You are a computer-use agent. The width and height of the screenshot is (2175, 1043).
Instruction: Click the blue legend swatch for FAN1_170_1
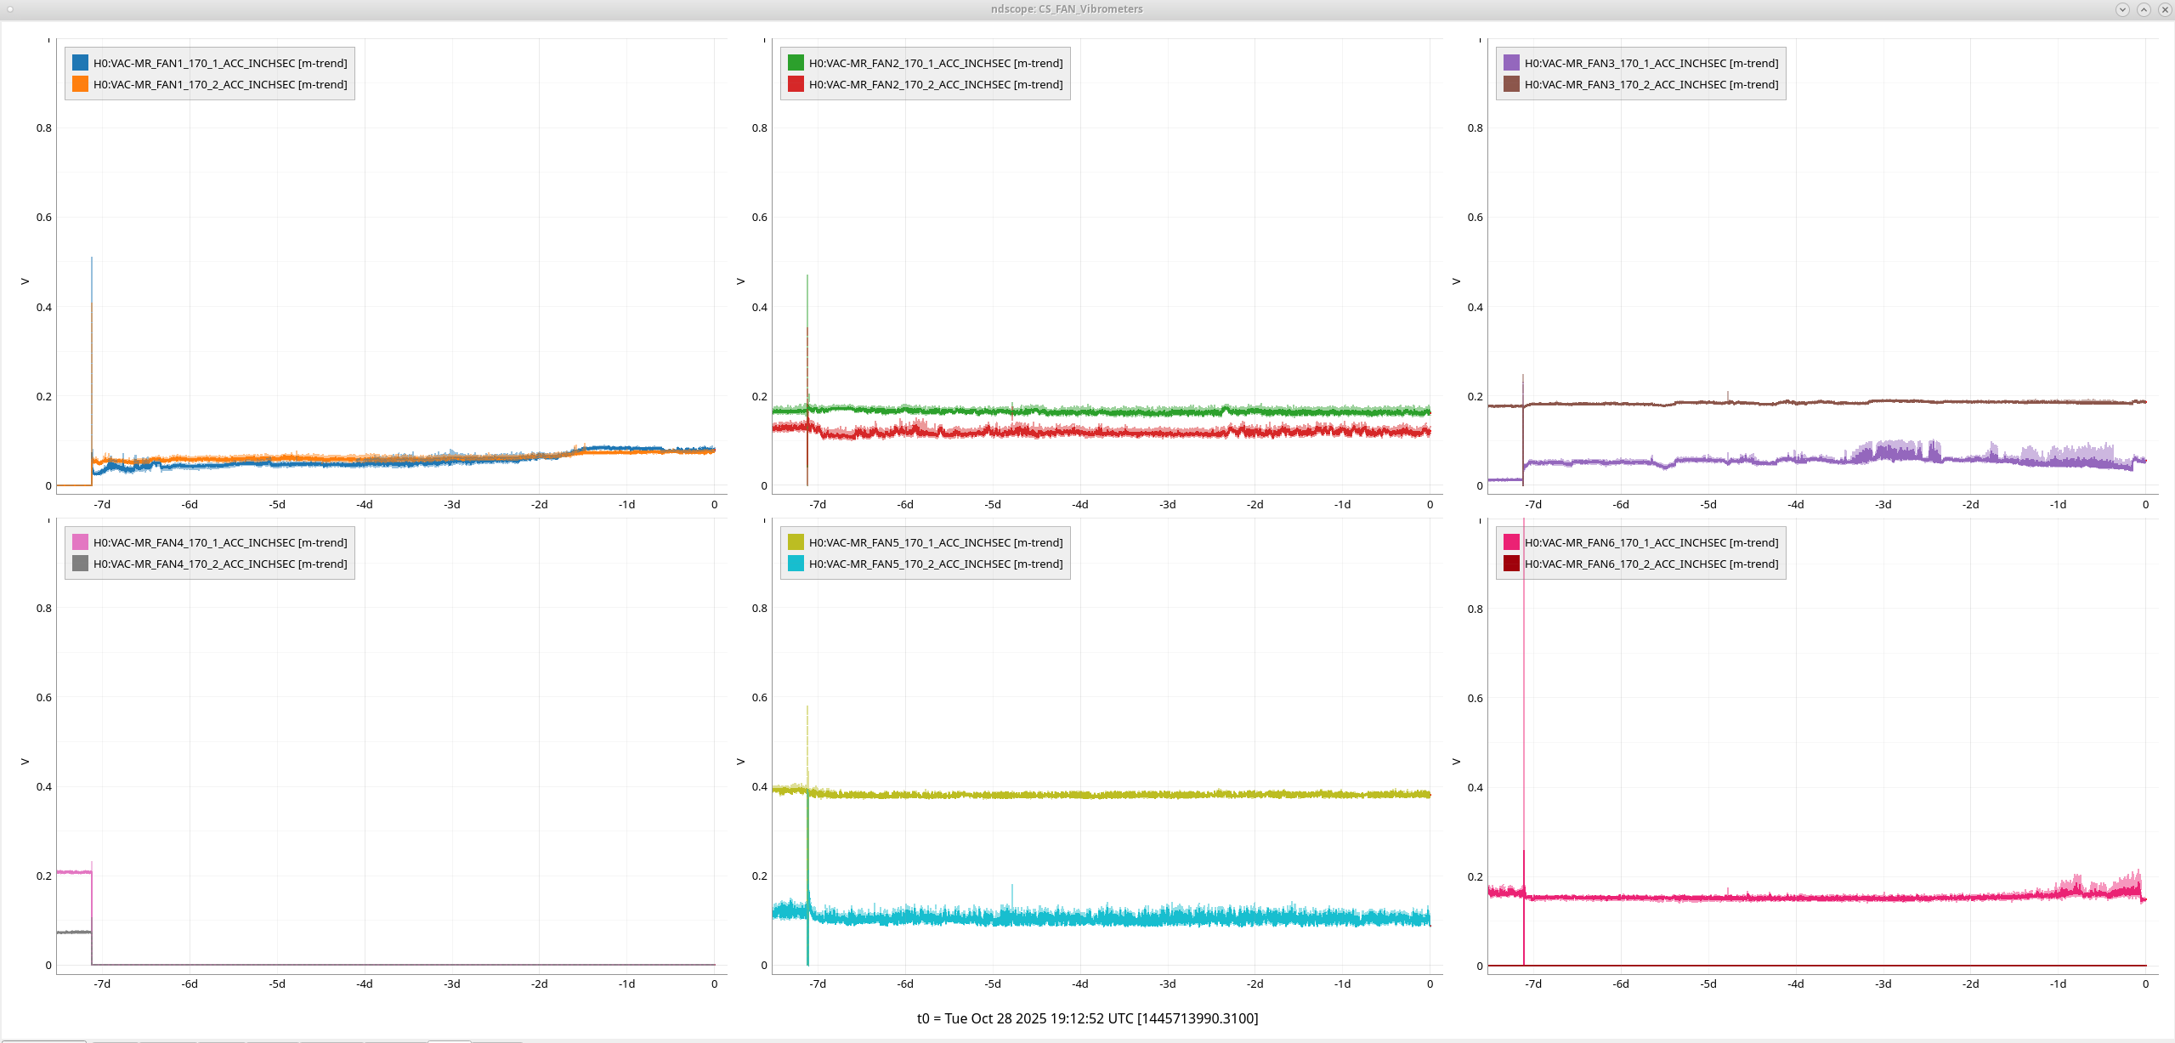(x=80, y=63)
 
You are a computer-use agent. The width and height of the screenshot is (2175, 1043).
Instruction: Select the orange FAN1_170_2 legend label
(x=220, y=84)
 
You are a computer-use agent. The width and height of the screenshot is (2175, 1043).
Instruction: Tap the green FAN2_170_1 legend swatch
(x=796, y=63)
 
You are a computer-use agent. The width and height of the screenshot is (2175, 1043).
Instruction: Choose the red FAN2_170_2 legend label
(x=936, y=84)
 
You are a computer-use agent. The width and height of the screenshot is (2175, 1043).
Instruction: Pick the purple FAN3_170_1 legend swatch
(x=1511, y=63)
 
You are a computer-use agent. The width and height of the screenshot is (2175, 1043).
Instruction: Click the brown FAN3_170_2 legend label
(x=1651, y=84)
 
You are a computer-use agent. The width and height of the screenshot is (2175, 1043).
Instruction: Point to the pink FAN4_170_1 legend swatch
(x=80, y=542)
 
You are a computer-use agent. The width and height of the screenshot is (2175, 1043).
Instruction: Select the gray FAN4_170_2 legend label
(x=220, y=564)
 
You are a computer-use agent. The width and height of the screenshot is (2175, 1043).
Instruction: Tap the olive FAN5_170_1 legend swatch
(x=796, y=542)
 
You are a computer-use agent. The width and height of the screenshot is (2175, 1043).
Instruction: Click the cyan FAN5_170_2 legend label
(x=936, y=564)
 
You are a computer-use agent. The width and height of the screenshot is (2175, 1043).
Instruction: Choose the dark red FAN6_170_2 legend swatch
(x=1511, y=564)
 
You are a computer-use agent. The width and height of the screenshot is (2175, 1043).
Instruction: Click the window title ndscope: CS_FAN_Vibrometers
(x=1067, y=9)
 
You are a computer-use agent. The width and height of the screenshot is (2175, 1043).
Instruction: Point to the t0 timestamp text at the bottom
(x=1087, y=1018)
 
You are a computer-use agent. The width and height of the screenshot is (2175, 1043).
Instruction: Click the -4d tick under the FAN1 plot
(x=365, y=504)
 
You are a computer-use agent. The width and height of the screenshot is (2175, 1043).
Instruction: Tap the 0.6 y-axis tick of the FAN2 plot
(x=759, y=218)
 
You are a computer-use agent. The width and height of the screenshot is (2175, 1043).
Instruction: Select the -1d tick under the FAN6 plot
(x=2058, y=983)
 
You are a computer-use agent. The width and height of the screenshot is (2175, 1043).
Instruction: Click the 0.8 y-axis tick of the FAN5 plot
(x=759, y=609)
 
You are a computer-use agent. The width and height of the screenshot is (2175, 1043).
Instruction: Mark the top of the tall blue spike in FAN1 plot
(x=92, y=258)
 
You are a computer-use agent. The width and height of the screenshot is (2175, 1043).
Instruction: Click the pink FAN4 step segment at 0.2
(x=74, y=872)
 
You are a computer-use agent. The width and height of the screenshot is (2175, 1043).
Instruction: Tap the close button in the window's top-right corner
(x=2165, y=9)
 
